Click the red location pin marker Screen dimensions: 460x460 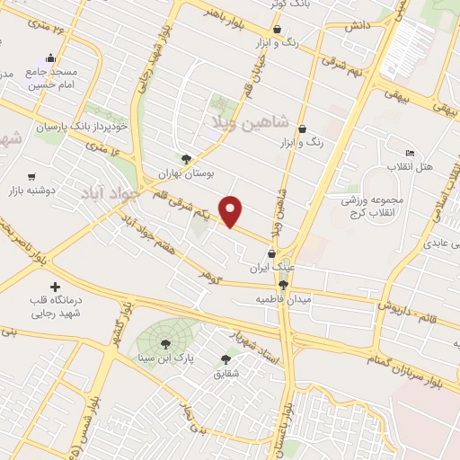tap(232, 210)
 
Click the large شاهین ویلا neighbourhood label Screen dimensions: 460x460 tap(249, 120)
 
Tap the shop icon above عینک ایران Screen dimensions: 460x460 tap(271, 254)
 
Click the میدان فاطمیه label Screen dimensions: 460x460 tap(283, 297)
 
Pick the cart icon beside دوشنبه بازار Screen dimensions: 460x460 tap(32, 176)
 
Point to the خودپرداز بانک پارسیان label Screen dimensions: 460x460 tap(84, 127)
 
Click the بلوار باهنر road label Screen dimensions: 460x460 tap(221, 15)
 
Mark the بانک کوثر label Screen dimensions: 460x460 tap(289, 4)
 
